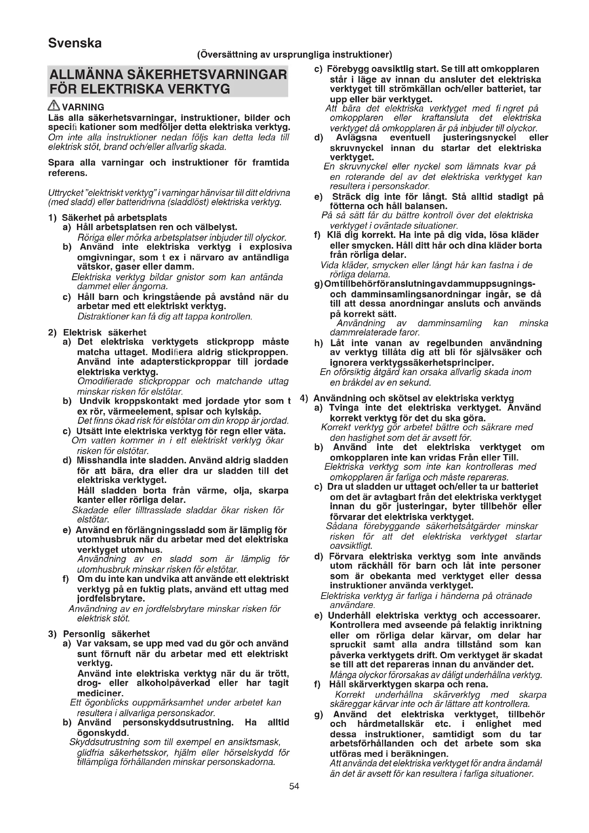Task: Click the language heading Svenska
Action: click(x=75, y=43)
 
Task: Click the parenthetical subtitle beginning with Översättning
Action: click(x=294, y=55)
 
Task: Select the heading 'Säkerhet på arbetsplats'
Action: click(x=114, y=218)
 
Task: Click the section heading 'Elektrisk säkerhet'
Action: click(x=104, y=332)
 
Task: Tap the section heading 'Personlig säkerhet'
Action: click(x=106, y=634)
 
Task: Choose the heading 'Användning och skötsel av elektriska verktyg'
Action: click(x=413, y=398)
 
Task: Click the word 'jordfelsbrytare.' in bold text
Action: click(x=111, y=598)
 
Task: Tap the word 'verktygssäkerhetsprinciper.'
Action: click(x=412, y=363)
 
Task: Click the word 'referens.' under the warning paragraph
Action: click(x=68, y=173)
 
